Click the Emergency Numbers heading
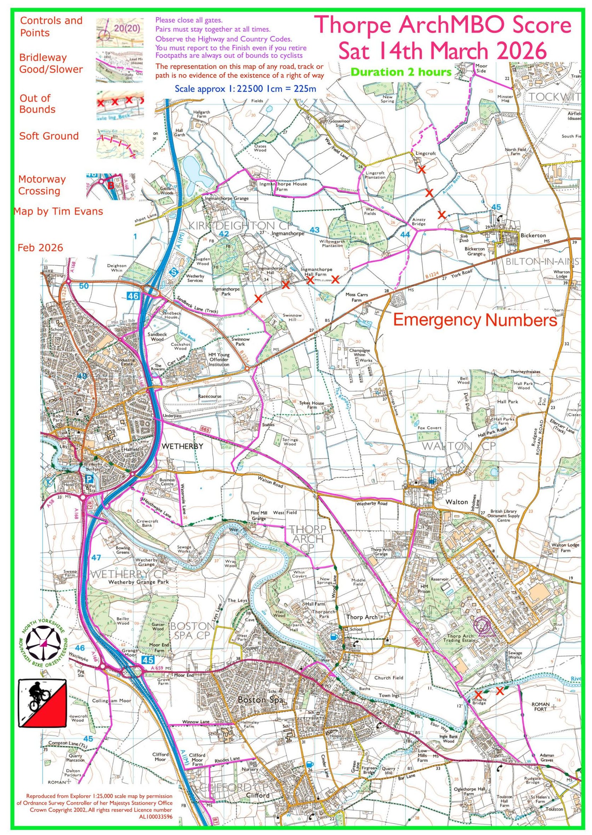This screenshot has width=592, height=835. tap(475, 320)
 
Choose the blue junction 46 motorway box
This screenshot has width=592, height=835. tap(133, 296)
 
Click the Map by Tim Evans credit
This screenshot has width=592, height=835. tap(58, 211)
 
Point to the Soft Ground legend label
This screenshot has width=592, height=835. tap(49, 136)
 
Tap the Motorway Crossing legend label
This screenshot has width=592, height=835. tap(42, 185)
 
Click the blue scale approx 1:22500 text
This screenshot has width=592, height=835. tap(245, 88)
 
